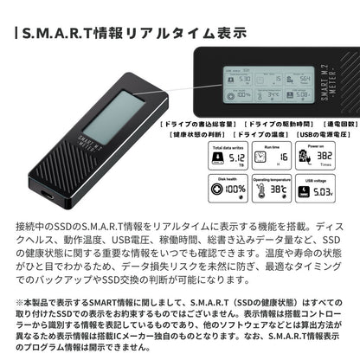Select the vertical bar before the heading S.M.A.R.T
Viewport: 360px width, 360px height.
(18, 35)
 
